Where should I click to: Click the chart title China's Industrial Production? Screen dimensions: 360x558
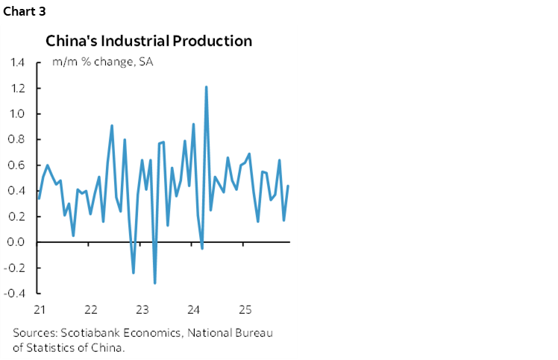coord(149,40)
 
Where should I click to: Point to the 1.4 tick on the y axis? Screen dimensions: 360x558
coord(17,63)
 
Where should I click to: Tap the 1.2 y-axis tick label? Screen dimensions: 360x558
coord(17,88)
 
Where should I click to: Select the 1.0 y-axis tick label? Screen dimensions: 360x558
coord(17,114)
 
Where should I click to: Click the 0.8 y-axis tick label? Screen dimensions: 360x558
coord(17,139)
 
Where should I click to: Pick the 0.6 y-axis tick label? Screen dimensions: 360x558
coord(17,165)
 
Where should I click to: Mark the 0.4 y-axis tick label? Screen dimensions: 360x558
coord(17,191)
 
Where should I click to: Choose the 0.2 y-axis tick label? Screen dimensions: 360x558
coord(17,217)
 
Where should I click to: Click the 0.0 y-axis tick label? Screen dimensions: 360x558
coord(17,242)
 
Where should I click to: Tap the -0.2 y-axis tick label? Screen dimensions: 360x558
coord(16,268)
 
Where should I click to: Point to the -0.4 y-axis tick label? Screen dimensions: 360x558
coord(16,294)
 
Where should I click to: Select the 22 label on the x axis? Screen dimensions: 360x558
coord(91,309)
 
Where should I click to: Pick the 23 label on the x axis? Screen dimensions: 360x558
coord(142,309)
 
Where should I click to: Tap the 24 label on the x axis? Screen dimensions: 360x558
coord(193,309)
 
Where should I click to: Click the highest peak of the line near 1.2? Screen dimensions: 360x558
coord(206,87)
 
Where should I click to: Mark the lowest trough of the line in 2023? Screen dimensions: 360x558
coord(154,282)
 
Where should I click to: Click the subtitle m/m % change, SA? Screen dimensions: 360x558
coord(102,62)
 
